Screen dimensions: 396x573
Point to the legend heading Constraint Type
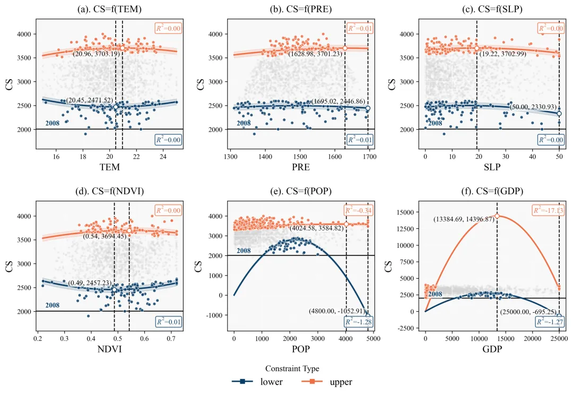click(x=292, y=368)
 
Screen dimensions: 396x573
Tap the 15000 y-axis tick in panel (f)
click(x=398, y=212)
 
